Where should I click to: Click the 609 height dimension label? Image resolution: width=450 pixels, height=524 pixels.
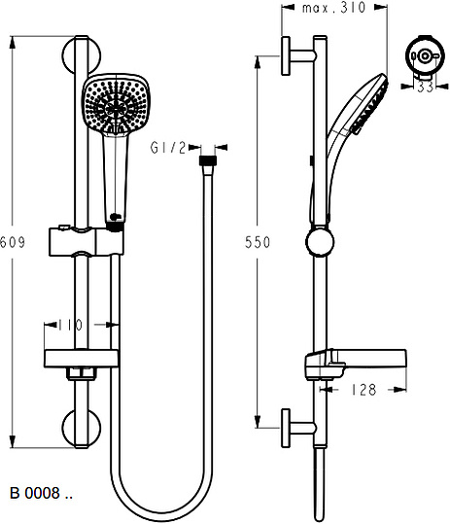13,242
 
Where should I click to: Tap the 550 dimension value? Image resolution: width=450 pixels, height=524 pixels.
258,242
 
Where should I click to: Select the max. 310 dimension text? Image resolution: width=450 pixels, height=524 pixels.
334,8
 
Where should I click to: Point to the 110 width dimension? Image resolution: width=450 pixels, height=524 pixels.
71,325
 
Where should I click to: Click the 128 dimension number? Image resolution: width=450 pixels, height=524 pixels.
363,390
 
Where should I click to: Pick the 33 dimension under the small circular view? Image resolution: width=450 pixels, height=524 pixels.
426,87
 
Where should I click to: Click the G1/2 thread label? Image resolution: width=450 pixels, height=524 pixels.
168,148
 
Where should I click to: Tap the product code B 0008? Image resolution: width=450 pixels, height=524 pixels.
41,493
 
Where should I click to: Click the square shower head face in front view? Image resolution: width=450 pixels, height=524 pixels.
116,105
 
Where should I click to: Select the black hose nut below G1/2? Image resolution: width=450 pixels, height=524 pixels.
208,160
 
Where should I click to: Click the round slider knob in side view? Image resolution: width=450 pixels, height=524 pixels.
320,242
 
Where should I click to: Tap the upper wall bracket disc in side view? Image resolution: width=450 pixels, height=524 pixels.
286,55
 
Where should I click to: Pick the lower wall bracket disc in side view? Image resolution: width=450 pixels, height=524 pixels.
286,428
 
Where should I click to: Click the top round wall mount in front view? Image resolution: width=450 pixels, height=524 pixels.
82,55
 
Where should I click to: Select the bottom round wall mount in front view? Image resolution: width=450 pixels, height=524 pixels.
82,429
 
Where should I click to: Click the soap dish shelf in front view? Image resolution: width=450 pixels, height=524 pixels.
82,359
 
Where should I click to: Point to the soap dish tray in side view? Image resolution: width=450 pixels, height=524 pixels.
356,364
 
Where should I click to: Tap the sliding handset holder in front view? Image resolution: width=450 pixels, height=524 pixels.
87,241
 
